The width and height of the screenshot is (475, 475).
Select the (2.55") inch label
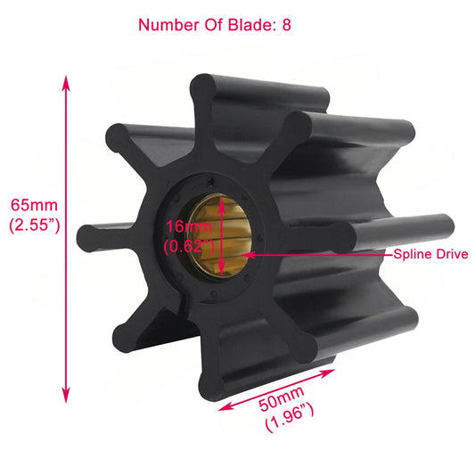[x=34, y=225]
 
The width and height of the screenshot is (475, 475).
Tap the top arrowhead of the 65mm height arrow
[x=65, y=82]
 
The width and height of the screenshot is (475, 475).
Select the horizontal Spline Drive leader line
[x=321, y=254]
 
